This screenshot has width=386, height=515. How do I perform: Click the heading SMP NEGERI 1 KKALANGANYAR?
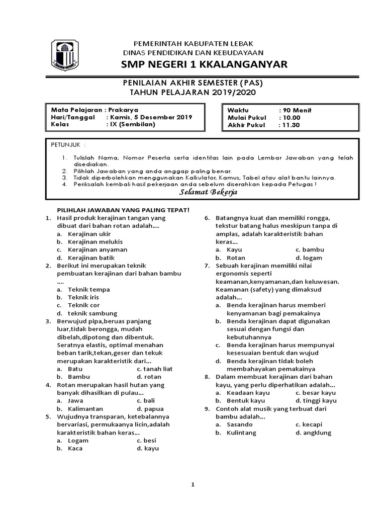pyautogui.click(x=204, y=64)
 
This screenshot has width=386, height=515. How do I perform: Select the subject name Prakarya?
pyautogui.click(x=124, y=110)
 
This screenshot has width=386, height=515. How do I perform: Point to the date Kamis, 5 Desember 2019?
pyautogui.click(x=150, y=117)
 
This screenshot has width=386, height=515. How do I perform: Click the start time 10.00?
pyautogui.click(x=291, y=117)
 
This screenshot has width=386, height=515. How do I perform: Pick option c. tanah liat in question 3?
pyautogui.click(x=154, y=369)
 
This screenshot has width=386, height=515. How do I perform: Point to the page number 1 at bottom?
pyautogui.click(x=192, y=485)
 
